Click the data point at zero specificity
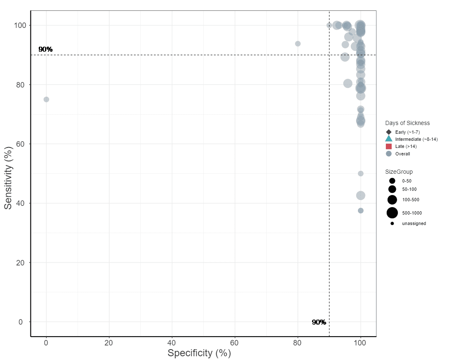[46, 99]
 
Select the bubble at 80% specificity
[298, 44]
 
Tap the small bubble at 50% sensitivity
[361, 173]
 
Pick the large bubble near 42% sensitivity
[361, 195]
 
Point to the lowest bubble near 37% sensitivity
[361, 210]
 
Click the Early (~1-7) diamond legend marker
[389, 132]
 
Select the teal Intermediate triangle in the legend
[389, 139]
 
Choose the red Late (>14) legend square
[389, 146]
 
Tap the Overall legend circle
[389, 154]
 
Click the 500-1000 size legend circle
[392, 213]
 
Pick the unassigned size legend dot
[392, 223]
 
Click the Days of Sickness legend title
[407, 123]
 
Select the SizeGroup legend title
[399, 172]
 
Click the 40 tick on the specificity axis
[172, 342]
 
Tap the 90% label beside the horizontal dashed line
[45, 49]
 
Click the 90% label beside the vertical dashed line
[319, 322]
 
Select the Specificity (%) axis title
[199, 353]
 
